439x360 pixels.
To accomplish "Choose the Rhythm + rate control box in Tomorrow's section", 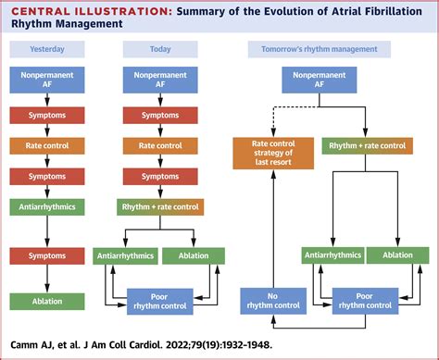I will tap(366, 145).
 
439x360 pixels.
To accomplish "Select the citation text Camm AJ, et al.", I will tap(46, 348).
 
